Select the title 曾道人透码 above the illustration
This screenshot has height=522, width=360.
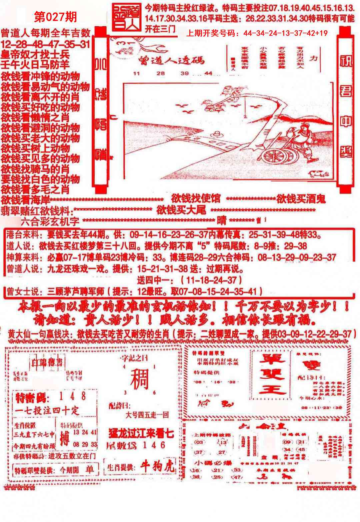[171, 60]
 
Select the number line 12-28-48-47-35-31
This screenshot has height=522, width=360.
[45, 44]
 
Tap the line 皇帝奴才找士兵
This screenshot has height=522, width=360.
[35, 54]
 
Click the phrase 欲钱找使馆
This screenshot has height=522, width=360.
[196, 198]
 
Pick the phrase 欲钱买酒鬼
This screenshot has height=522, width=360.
[301, 199]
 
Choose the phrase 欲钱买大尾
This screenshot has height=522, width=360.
[181, 210]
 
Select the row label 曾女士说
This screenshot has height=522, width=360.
[22, 292]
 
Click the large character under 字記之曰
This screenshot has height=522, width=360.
[140, 379]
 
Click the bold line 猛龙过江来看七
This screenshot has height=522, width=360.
[141, 433]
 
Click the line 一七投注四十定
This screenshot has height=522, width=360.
[48, 410]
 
